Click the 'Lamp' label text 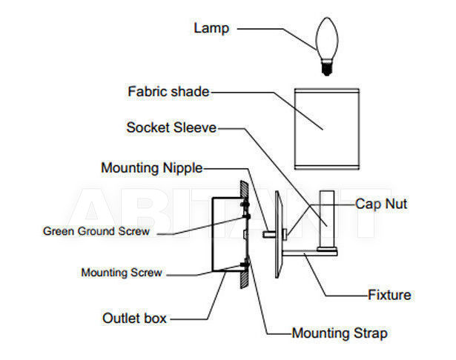[211, 28]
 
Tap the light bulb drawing [327, 47]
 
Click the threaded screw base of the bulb [327, 67]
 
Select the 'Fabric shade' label [168, 92]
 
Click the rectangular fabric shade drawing [327, 129]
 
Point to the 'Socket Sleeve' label [171, 127]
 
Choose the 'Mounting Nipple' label [152, 168]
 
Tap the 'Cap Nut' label [381, 204]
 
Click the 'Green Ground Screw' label [96, 231]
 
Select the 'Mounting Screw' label [122, 273]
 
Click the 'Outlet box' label [134, 319]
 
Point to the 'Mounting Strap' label [340, 333]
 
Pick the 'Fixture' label [389, 295]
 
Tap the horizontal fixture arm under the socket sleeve [310, 253]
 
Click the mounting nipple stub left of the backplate [269, 234]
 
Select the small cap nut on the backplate [285, 234]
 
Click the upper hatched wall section [244, 190]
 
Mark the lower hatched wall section [244, 279]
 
